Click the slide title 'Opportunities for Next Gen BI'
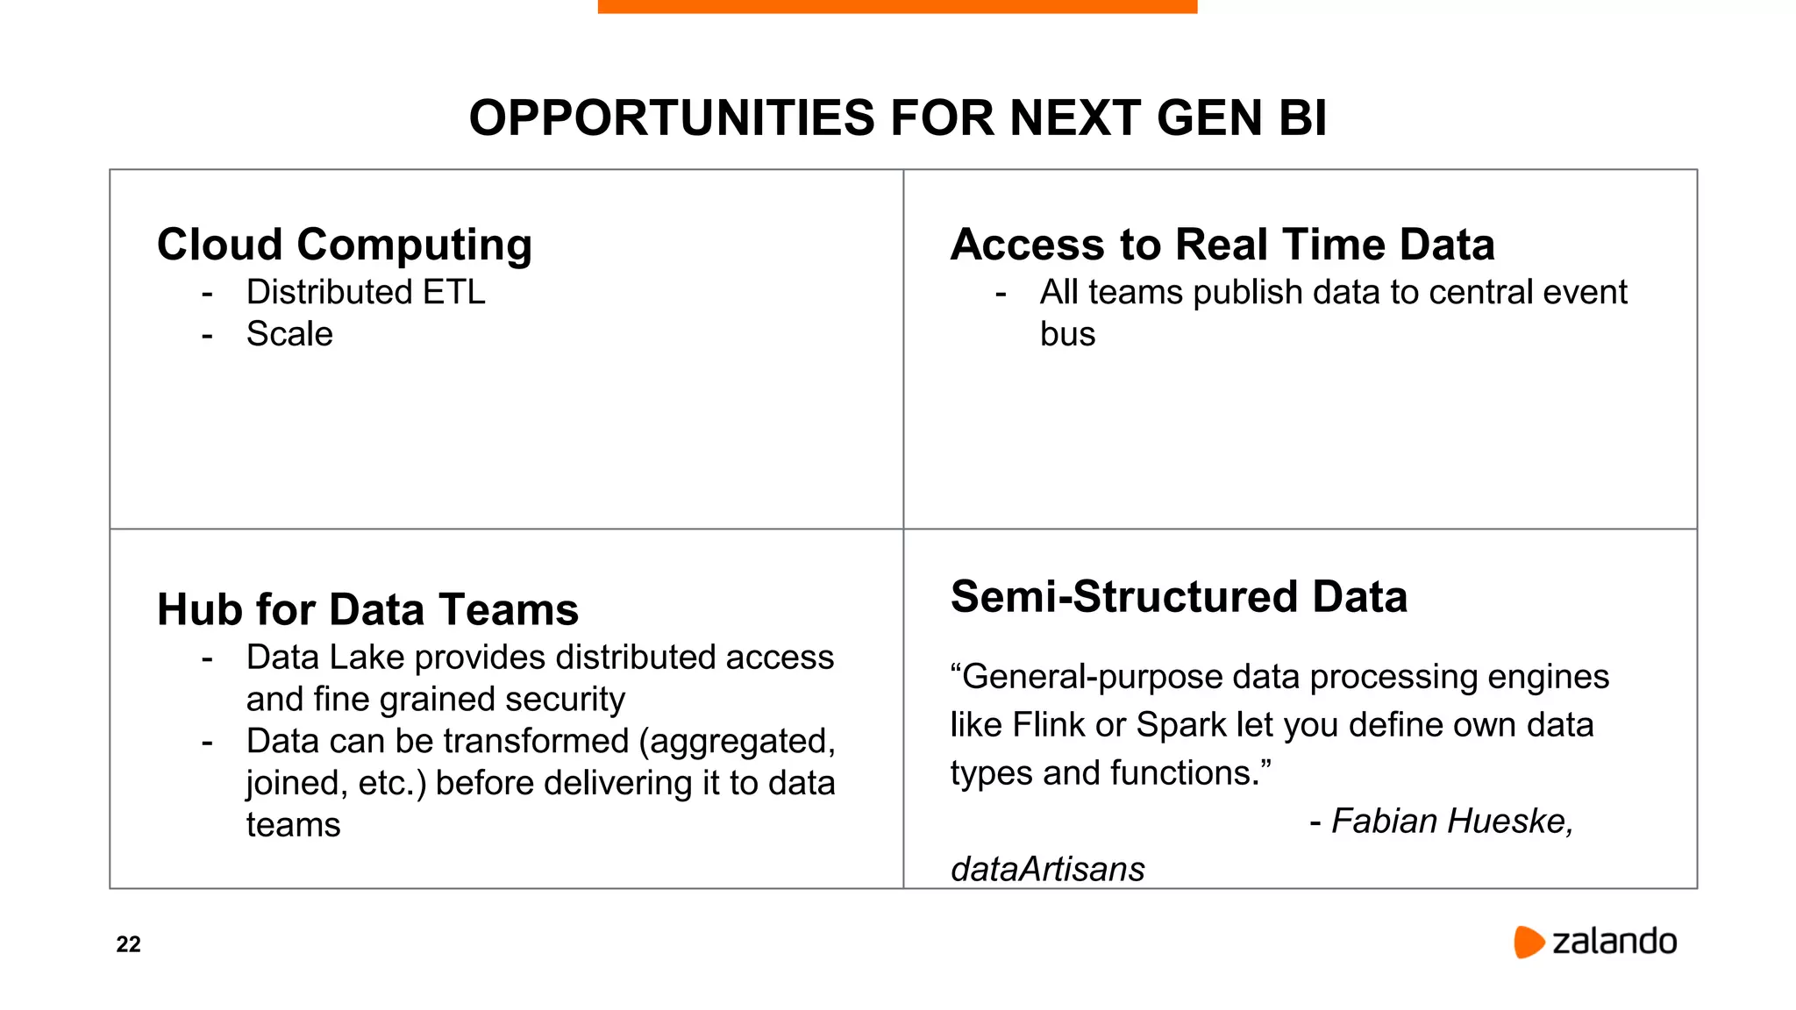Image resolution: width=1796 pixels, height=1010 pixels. (x=897, y=117)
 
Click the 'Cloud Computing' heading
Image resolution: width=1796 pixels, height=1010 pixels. (x=344, y=245)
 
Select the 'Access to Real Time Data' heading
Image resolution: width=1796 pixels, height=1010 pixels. (x=1222, y=245)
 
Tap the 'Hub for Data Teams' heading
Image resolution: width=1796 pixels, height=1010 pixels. (x=367, y=609)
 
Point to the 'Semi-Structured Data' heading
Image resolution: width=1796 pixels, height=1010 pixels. (x=1179, y=597)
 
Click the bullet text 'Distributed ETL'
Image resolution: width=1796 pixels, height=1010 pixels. (x=366, y=292)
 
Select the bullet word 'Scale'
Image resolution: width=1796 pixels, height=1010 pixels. (x=289, y=334)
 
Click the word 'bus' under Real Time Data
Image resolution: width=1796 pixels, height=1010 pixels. (x=1067, y=334)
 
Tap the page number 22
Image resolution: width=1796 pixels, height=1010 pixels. (x=128, y=944)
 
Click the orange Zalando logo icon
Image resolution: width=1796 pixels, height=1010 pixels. (x=1528, y=942)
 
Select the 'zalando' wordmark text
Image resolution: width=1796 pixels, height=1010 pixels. (x=1614, y=942)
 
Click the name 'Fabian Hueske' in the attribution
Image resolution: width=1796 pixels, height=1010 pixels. (x=1451, y=822)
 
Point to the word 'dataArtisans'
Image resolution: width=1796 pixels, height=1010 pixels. (x=1047, y=870)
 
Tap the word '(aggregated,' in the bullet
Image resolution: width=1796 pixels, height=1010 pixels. (x=737, y=742)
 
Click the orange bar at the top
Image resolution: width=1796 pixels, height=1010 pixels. (x=897, y=6)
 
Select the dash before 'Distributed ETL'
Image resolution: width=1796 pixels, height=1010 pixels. (x=207, y=293)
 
